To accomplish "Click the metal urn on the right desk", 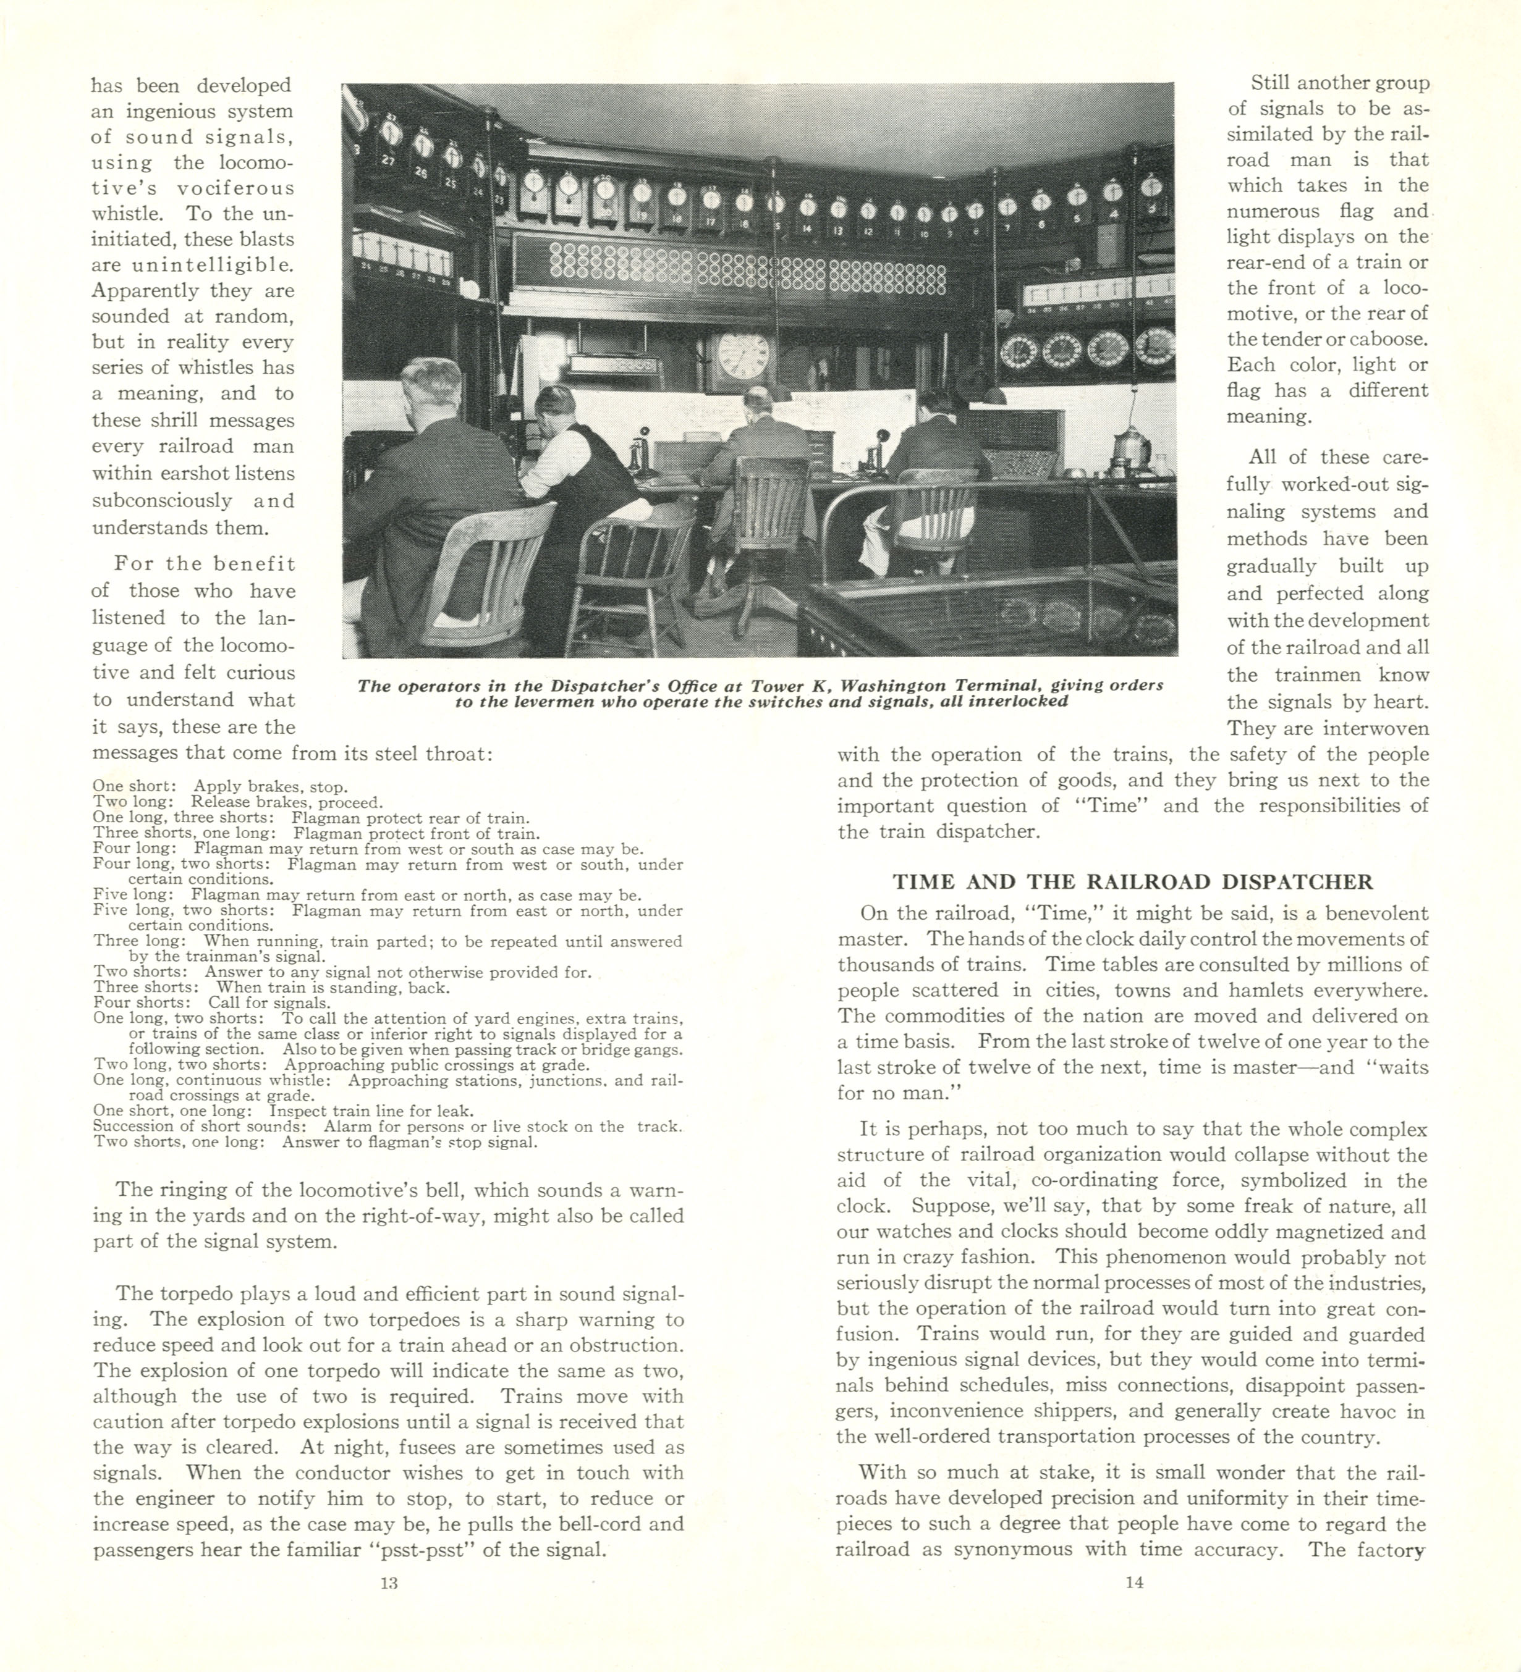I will pos(1130,448).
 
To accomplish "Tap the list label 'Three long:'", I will pos(140,941).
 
